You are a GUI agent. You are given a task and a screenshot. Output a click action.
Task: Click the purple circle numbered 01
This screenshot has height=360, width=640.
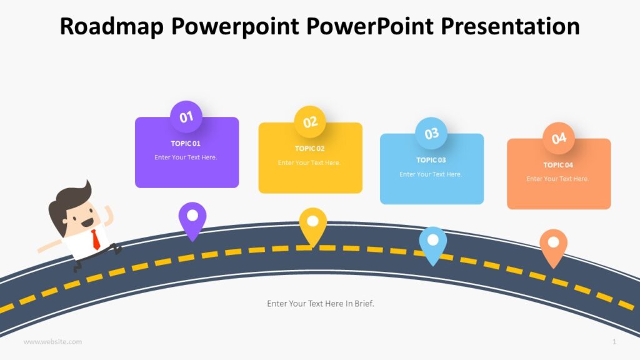click(x=186, y=117)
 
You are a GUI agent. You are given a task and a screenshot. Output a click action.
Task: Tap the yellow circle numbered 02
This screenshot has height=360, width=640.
click(x=310, y=122)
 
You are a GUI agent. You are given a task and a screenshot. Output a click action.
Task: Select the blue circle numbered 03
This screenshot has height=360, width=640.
click(x=431, y=133)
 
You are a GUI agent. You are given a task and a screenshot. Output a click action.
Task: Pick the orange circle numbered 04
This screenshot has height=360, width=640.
click(x=558, y=138)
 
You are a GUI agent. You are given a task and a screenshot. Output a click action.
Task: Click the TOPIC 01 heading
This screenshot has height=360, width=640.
click(x=186, y=144)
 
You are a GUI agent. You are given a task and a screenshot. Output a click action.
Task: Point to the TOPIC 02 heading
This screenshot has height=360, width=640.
click(x=310, y=149)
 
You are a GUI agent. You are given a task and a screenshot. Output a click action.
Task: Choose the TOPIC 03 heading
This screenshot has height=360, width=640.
click(x=431, y=160)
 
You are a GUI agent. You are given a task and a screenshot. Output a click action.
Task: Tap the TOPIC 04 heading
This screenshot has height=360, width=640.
click(x=558, y=165)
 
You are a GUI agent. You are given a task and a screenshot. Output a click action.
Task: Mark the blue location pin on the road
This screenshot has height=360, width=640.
click(x=432, y=243)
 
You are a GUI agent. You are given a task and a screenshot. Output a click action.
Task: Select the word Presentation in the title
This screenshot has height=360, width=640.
click(x=511, y=26)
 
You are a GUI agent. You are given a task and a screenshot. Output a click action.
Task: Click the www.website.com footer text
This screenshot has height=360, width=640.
click(x=52, y=342)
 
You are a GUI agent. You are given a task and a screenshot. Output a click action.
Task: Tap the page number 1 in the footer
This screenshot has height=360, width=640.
click(x=614, y=342)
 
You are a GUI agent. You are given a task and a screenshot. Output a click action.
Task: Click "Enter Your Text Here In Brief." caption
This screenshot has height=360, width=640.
click(x=321, y=304)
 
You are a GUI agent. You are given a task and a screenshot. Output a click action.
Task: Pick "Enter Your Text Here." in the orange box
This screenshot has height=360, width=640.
click(x=558, y=179)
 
